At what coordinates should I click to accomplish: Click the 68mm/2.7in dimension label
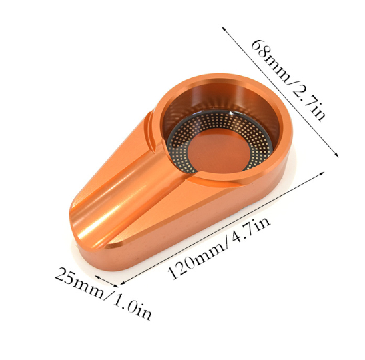pyautogui.click(x=288, y=80)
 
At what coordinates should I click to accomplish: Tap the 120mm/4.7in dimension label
pyautogui.click(x=219, y=248)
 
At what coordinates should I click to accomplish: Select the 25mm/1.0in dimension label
pyautogui.click(x=103, y=293)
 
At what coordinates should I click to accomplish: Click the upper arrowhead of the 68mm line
pyautogui.click(x=224, y=29)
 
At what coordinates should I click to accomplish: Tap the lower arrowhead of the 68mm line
pyautogui.click(x=336, y=155)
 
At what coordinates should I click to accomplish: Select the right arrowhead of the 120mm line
pyautogui.click(x=322, y=173)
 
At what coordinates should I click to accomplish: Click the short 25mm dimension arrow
pyautogui.click(x=107, y=281)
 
